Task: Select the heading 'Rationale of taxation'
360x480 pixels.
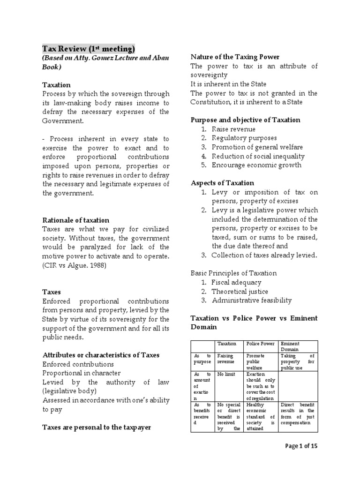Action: pos(76,220)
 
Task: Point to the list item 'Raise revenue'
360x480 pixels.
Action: pos(233,129)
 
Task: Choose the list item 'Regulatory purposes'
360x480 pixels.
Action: pos(244,138)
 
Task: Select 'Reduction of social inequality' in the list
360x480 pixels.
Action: pos(258,156)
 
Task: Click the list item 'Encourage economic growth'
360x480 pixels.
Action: pos(256,165)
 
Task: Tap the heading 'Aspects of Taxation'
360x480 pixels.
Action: pos(223,183)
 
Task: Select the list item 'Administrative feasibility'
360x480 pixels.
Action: pos(251,300)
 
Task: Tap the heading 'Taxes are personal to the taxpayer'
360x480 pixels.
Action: pos(97,427)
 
